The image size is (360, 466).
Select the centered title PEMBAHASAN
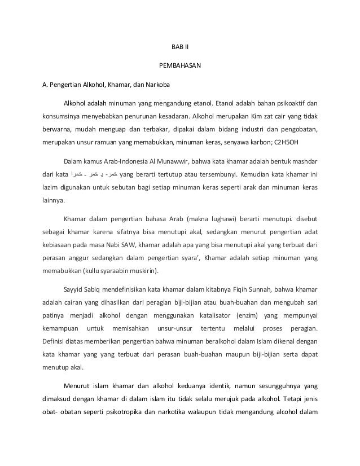(180, 66)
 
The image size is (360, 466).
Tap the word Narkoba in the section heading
(156, 86)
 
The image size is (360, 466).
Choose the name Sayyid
(75, 291)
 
